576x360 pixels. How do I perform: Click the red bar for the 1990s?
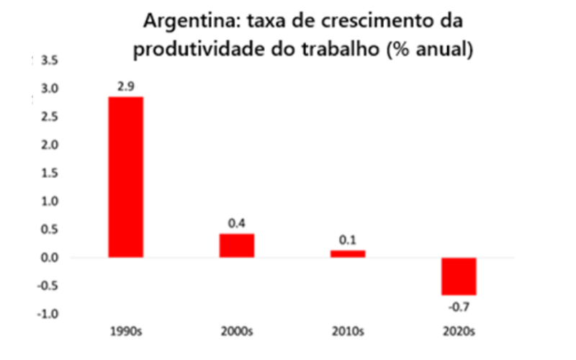[126, 177]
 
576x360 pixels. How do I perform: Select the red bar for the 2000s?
[237, 246]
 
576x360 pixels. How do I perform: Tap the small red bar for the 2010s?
[348, 253]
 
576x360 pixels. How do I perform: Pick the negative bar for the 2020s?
[459, 276]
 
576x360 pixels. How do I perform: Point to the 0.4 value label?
[237, 224]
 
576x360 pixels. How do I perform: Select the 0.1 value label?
[348, 240]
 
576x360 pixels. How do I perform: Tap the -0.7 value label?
[459, 305]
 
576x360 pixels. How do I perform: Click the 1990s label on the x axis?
[125, 333]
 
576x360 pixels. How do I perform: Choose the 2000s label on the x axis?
[237, 333]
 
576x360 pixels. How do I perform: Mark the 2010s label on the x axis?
[348, 333]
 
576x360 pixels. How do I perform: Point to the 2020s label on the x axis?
[459, 333]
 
